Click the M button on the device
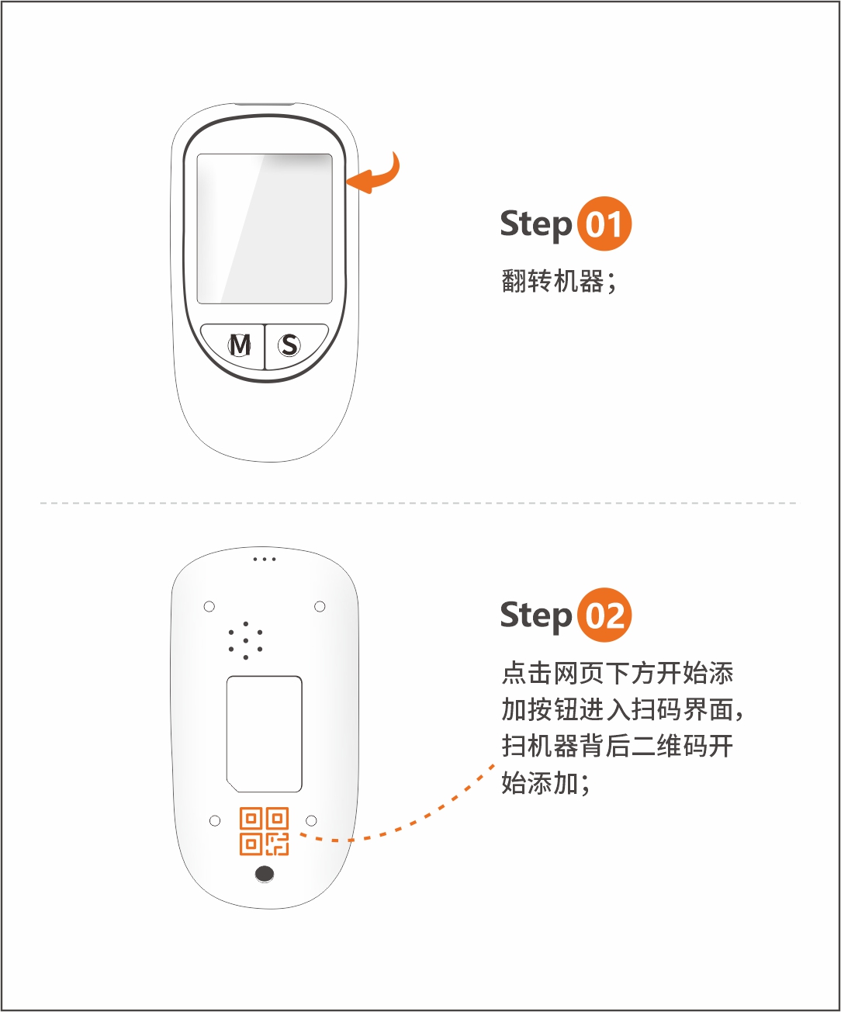(239, 345)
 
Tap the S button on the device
(290, 345)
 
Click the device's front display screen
(265, 228)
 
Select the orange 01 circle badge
(604, 224)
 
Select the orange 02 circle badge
(604, 615)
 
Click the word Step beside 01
(535, 224)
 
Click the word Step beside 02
(535, 615)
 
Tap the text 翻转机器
(552, 281)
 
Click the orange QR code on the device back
(264, 831)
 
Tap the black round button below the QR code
(265, 874)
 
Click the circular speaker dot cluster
(245, 640)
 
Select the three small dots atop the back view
(265, 559)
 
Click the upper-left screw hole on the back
(209, 606)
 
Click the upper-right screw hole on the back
(320, 606)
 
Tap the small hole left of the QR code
(215, 820)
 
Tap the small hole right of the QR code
(311, 820)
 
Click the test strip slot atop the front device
(265, 103)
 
